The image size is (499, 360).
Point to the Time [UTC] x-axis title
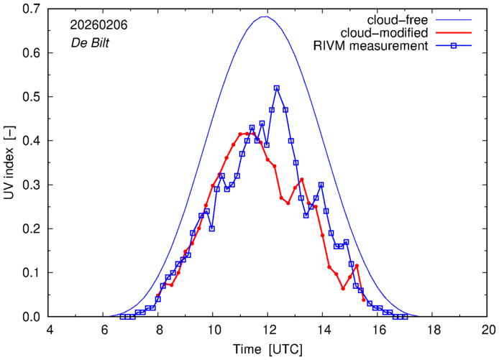click(267, 349)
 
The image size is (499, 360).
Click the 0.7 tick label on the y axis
click(30, 9)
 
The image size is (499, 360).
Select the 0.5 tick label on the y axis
click(30, 97)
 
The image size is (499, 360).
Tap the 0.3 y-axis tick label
click(30, 185)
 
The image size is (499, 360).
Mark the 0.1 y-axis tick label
click(30, 272)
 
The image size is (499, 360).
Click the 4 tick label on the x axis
click(50, 330)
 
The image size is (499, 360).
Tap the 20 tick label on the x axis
click(488, 330)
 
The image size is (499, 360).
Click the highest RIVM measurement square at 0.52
click(277, 88)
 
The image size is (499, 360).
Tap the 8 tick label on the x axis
click(159, 330)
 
